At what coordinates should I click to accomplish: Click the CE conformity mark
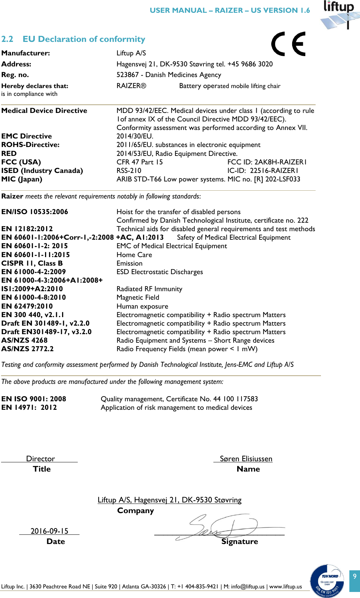click(288, 44)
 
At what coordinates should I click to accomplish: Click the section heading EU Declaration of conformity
click(84, 39)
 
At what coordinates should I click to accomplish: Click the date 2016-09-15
click(49, 531)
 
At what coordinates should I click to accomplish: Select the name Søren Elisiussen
click(246, 458)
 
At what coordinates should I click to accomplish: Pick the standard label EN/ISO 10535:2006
click(35, 212)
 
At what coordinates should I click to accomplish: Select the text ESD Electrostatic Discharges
click(160, 272)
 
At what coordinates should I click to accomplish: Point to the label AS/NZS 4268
click(24, 340)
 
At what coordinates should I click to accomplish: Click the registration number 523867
click(127, 75)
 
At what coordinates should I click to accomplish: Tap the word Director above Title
click(40, 458)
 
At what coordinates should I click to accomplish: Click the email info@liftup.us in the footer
click(247, 586)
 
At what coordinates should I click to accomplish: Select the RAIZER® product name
click(131, 86)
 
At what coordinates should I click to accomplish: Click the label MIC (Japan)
click(22, 179)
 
